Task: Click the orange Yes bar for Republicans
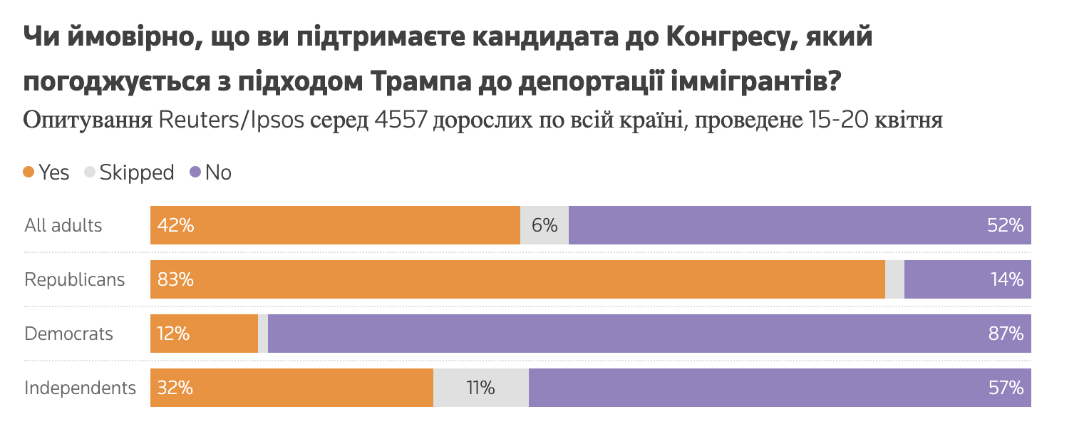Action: (x=517, y=279)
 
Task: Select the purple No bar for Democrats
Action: (x=649, y=334)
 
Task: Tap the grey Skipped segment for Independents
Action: (x=481, y=388)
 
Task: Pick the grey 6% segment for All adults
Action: (x=544, y=225)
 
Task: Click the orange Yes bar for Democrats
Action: (x=204, y=334)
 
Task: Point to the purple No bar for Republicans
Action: (x=967, y=279)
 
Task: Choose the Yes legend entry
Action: (x=46, y=172)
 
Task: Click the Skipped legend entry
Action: (x=129, y=172)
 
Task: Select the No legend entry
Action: (x=210, y=172)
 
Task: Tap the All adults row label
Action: (x=63, y=226)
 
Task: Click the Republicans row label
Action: (x=75, y=280)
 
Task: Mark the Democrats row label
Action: (x=69, y=334)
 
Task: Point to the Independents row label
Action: (x=81, y=388)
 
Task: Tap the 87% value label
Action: (x=1006, y=334)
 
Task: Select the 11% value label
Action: (x=481, y=388)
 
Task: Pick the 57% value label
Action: (x=1006, y=388)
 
